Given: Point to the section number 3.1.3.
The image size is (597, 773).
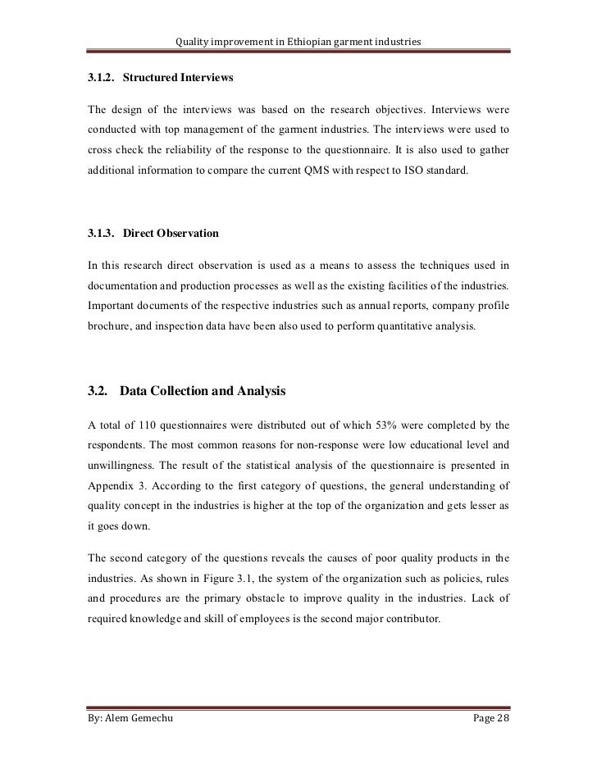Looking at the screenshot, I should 101,234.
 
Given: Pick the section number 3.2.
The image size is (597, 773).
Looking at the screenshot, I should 98,392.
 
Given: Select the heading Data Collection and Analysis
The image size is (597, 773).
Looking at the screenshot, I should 203,392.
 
